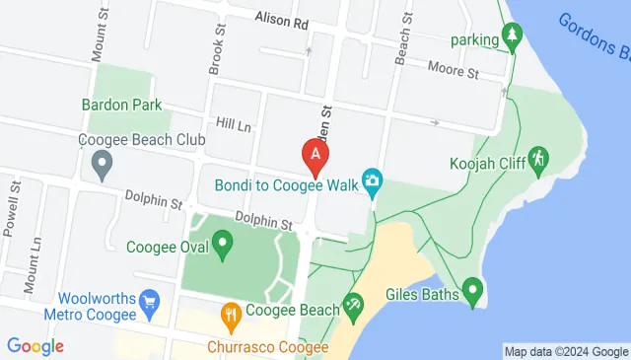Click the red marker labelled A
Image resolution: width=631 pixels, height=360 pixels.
(315, 155)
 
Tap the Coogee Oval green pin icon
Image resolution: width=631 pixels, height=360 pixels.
(223, 242)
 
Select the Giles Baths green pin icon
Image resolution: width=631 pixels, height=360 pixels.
(472, 290)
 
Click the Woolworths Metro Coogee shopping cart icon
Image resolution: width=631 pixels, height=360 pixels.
(150, 299)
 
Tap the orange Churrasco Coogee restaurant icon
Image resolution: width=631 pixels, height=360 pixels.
(231, 315)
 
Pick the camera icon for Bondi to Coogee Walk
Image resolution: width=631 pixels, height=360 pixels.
(373, 180)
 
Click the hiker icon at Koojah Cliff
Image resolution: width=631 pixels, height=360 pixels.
(537, 158)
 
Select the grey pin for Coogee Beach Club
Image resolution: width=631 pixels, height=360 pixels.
(101, 169)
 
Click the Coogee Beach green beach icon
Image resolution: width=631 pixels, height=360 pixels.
(352, 308)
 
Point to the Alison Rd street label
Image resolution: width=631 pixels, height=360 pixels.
(281, 19)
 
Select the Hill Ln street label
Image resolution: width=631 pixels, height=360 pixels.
(235, 125)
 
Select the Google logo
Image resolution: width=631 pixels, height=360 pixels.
(35, 346)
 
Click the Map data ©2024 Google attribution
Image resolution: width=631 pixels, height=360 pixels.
(565, 351)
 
